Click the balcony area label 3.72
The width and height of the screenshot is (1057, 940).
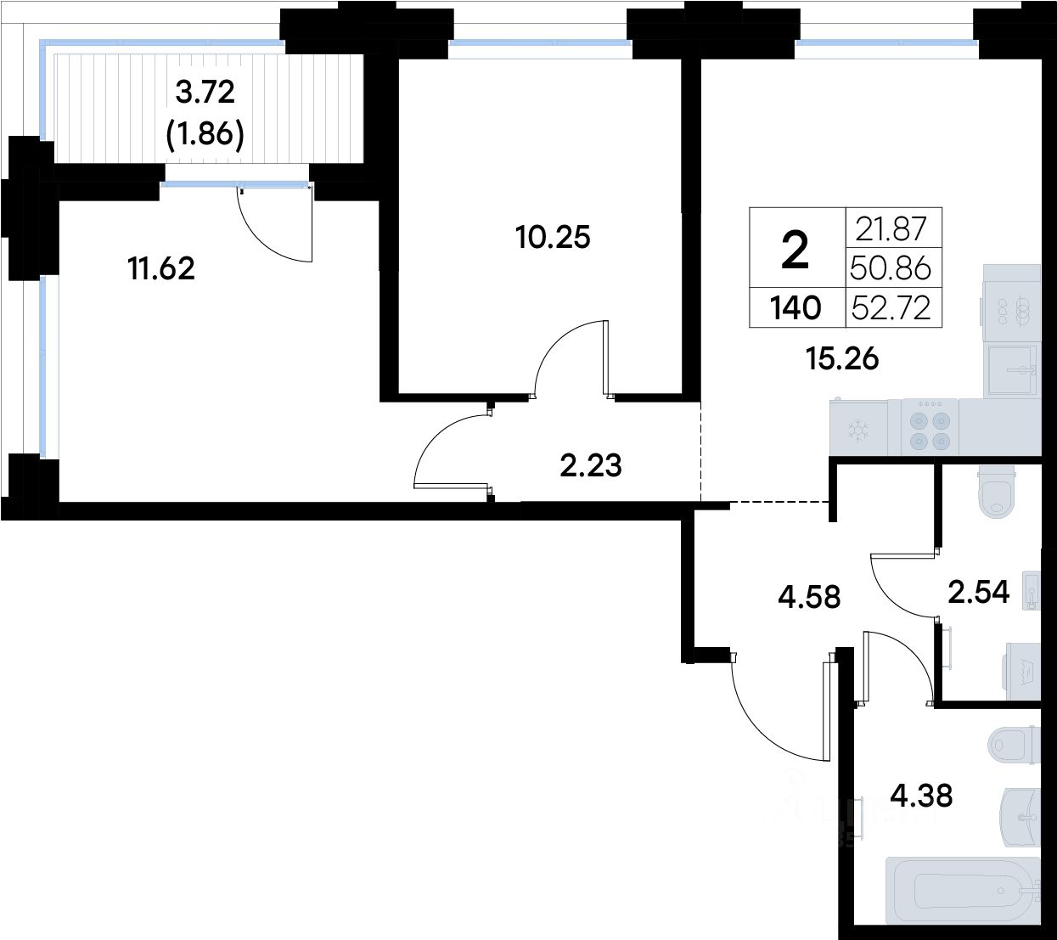coord(205,93)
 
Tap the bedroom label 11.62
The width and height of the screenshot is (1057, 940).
coord(161,269)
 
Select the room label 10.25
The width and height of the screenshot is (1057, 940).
coord(553,237)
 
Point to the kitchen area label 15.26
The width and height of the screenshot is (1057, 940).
coord(842,359)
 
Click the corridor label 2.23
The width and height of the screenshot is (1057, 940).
coord(591,465)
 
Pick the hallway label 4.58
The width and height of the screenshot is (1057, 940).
coord(809,597)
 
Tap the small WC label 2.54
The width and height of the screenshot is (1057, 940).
coord(979,592)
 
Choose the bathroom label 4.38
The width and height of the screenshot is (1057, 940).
coord(921,796)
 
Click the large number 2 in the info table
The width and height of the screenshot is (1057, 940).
coord(796,251)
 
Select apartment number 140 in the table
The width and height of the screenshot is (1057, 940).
coord(796,308)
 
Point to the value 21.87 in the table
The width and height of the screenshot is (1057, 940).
coord(891,228)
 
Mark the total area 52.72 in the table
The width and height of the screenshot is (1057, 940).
coord(891,308)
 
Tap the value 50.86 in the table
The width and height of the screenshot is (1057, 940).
coord(891,268)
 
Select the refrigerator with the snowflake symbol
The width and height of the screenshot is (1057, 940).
coord(858,427)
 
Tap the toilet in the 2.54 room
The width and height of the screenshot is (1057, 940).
coord(997,491)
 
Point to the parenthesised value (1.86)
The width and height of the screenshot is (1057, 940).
coord(205,135)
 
